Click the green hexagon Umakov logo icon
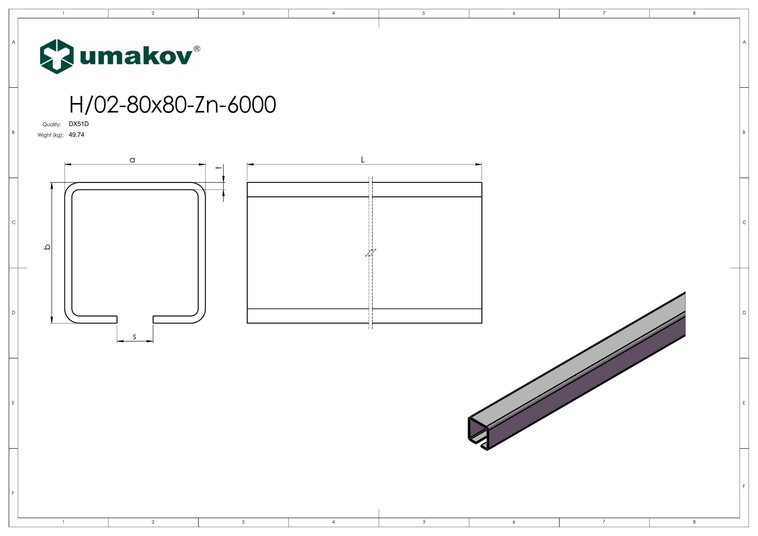click(x=56, y=56)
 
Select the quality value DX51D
click(x=79, y=124)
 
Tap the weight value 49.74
click(x=77, y=135)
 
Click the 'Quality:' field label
click(x=52, y=124)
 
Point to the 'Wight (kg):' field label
click(x=50, y=135)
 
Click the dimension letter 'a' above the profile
click(x=132, y=160)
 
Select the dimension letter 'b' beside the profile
click(x=47, y=247)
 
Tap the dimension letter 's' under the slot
click(x=134, y=337)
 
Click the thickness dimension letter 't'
click(x=218, y=168)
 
